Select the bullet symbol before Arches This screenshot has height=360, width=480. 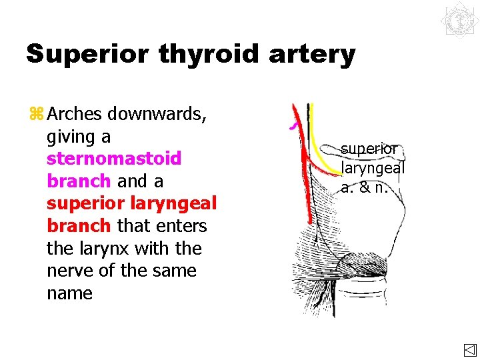point(35,115)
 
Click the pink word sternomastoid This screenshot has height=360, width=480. point(114,159)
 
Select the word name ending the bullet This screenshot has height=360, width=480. point(70,293)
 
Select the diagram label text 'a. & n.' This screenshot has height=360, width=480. point(365,187)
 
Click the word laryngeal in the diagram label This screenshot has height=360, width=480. point(373,168)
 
